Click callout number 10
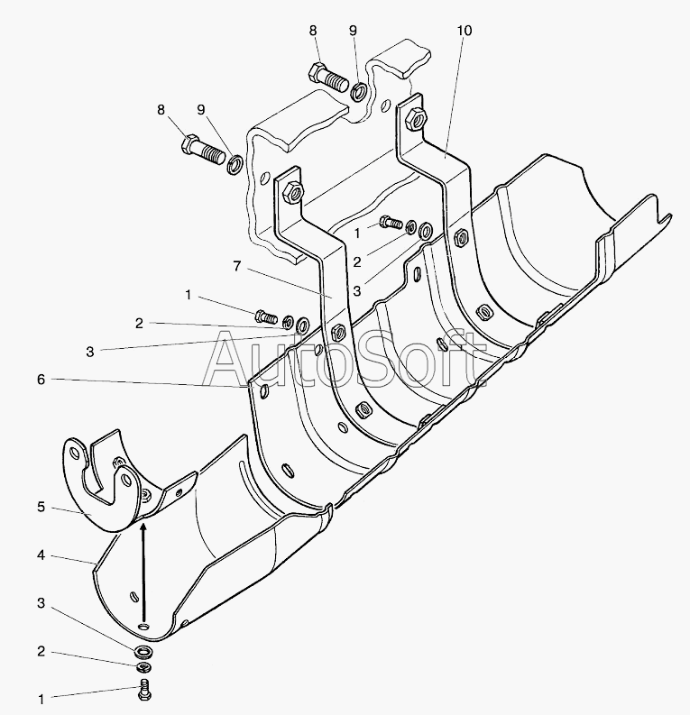[464, 31]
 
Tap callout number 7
[237, 266]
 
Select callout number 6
[41, 380]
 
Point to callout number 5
[41, 508]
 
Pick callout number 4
[41, 555]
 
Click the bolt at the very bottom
[143, 692]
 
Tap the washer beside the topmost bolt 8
[358, 90]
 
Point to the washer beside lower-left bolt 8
[234, 164]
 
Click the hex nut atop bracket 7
[290, 191]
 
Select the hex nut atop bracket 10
[416, 116]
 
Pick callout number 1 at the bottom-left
[41, 698]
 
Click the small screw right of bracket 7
[391, 222]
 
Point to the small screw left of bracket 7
[265, 316]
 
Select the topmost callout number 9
[353, 31]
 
